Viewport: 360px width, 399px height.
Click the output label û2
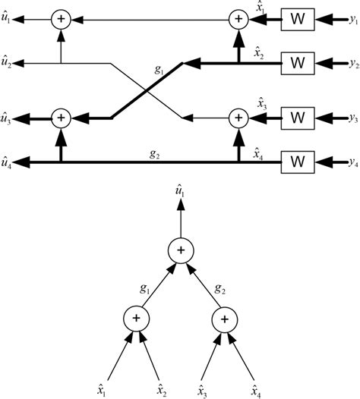[x=8, y=59]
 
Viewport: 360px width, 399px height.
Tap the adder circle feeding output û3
[x=60, y=118]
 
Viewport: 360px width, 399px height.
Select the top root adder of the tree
[x=180, y=250]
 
